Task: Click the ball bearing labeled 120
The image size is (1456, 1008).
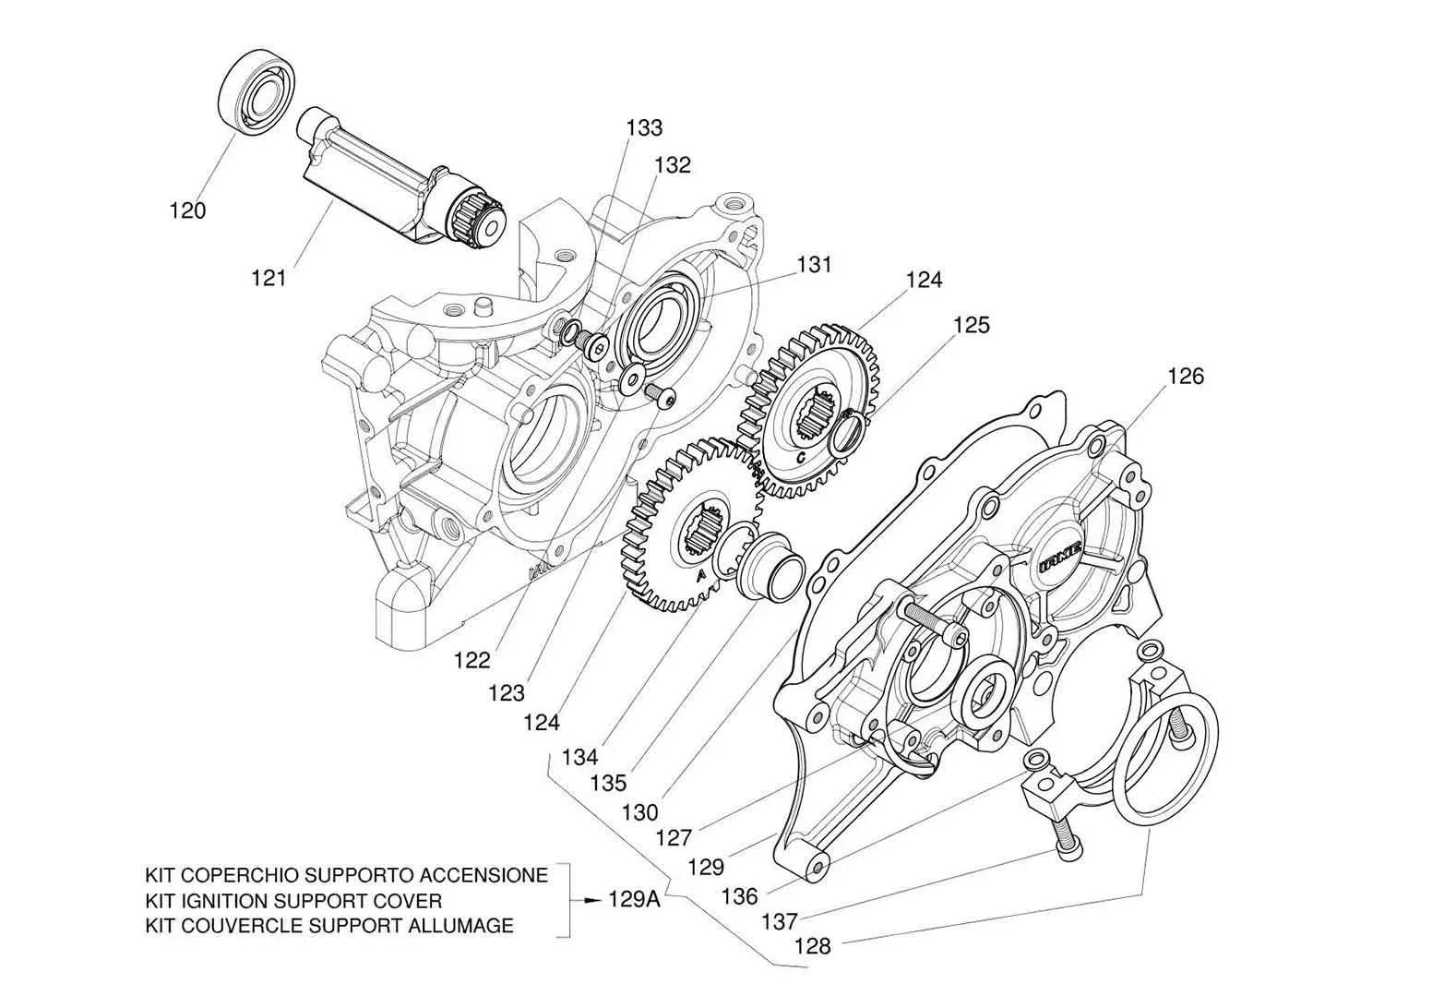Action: click(x=258, y=94)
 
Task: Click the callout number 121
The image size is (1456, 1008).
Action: click(x=269, y=276)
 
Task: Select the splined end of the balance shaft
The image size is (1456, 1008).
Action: click(x=477, y=224)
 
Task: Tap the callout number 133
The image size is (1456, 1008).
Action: click(x=644, y=127)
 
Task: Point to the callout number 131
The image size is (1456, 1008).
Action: click(x=815, y=265)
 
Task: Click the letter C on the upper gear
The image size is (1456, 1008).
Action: click(x=800, y=457)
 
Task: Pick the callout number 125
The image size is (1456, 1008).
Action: click(x=972, y=325)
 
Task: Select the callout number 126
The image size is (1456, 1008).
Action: click(x=1186, y=376)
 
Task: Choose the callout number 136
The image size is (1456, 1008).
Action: click(x=740, y=895)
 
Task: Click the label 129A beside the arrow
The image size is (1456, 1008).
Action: click(x=634, y=899)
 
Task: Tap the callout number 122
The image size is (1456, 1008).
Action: click(x=471, y=660)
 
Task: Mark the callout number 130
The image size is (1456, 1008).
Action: click(x=639, y=812)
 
